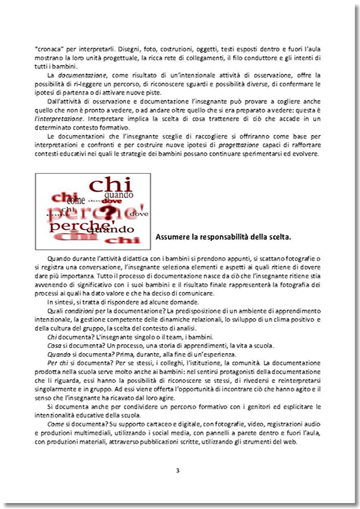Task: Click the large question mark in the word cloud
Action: (x=108, y=212)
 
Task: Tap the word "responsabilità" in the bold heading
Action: (x=221, y=237)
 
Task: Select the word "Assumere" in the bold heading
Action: (x=172, y=237)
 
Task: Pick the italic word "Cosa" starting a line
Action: (x=55, y=346)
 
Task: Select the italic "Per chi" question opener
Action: (x=58, y=363)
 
